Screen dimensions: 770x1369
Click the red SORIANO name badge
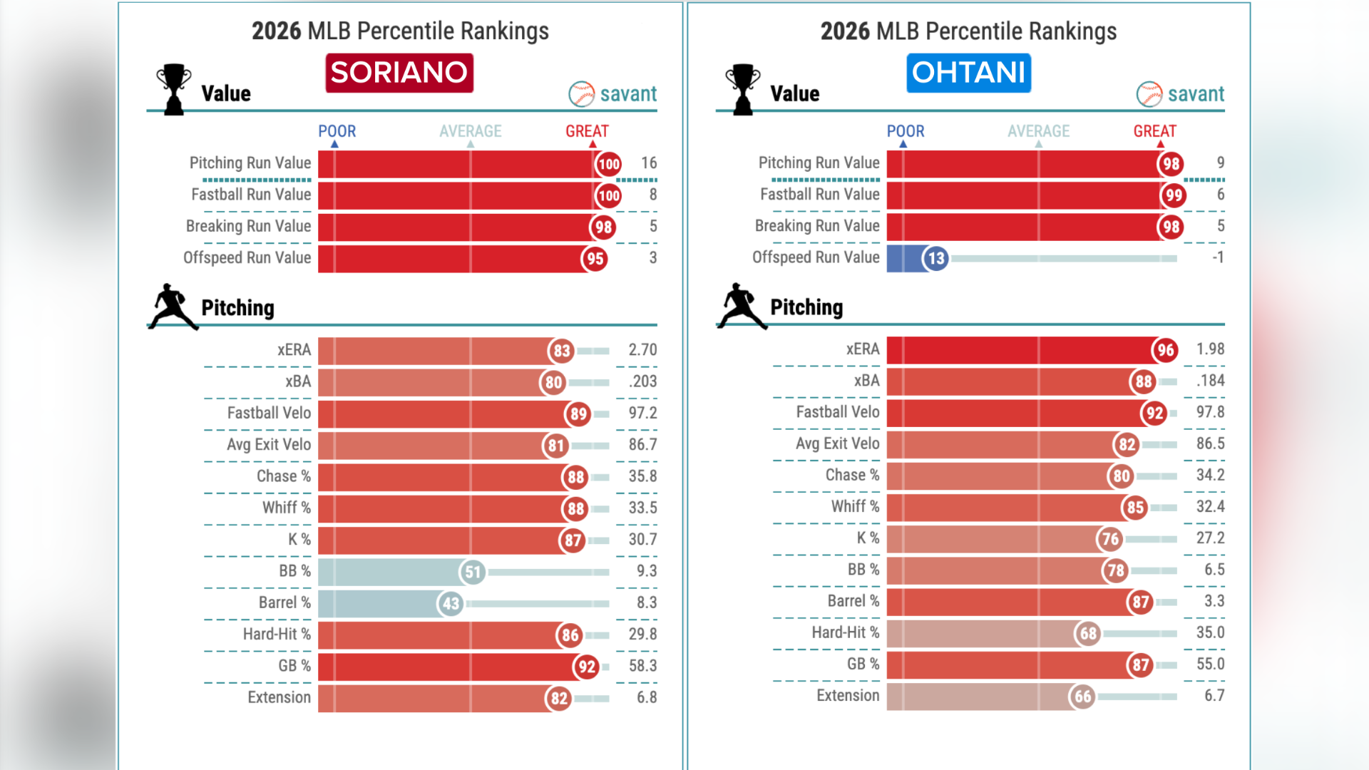399,73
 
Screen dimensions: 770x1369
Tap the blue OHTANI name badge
968,73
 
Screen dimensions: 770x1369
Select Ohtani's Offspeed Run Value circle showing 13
935,258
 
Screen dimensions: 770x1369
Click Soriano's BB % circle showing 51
473,572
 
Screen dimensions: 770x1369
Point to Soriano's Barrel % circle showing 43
451,604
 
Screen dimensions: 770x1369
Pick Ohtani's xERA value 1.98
1210,349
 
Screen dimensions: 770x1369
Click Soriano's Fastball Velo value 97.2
642,413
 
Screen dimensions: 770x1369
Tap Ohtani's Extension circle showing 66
1082,697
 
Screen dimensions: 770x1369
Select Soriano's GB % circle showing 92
586,667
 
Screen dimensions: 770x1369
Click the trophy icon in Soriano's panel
173,89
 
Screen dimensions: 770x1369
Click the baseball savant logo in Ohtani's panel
1180,93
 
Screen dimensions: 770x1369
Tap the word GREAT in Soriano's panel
587,131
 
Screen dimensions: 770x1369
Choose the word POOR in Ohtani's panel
905,131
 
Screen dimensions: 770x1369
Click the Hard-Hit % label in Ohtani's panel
845,632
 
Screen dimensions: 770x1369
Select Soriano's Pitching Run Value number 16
648,163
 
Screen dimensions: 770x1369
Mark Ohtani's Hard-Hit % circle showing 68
1088,633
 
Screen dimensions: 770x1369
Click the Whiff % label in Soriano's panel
286,508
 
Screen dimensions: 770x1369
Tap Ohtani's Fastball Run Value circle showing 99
1173,195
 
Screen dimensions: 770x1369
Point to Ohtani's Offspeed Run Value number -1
1218,257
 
